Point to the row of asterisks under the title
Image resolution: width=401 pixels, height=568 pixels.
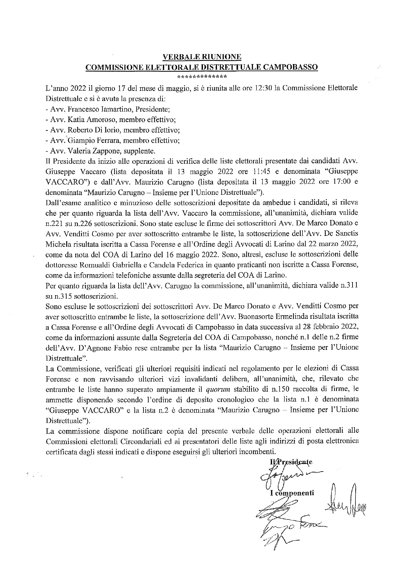tap(202, 77)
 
